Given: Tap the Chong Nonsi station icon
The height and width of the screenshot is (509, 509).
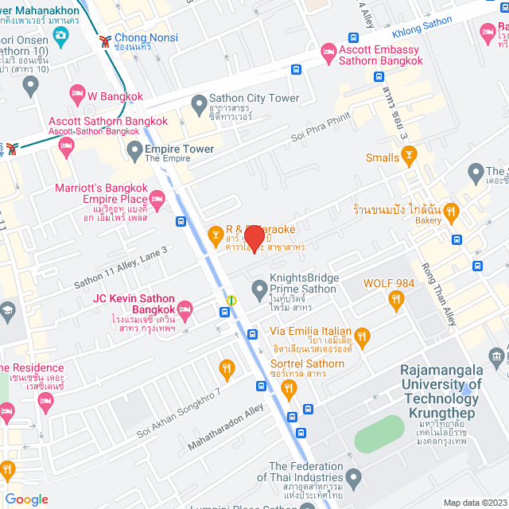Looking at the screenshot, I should [x=104, y=41].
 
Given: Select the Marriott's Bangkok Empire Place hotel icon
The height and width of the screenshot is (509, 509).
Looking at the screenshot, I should [x=157, y=197].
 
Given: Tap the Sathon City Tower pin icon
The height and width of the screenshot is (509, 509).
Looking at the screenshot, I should [x=199, y=104].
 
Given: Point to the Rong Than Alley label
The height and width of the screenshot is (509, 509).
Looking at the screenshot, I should [x=439, y=293].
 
